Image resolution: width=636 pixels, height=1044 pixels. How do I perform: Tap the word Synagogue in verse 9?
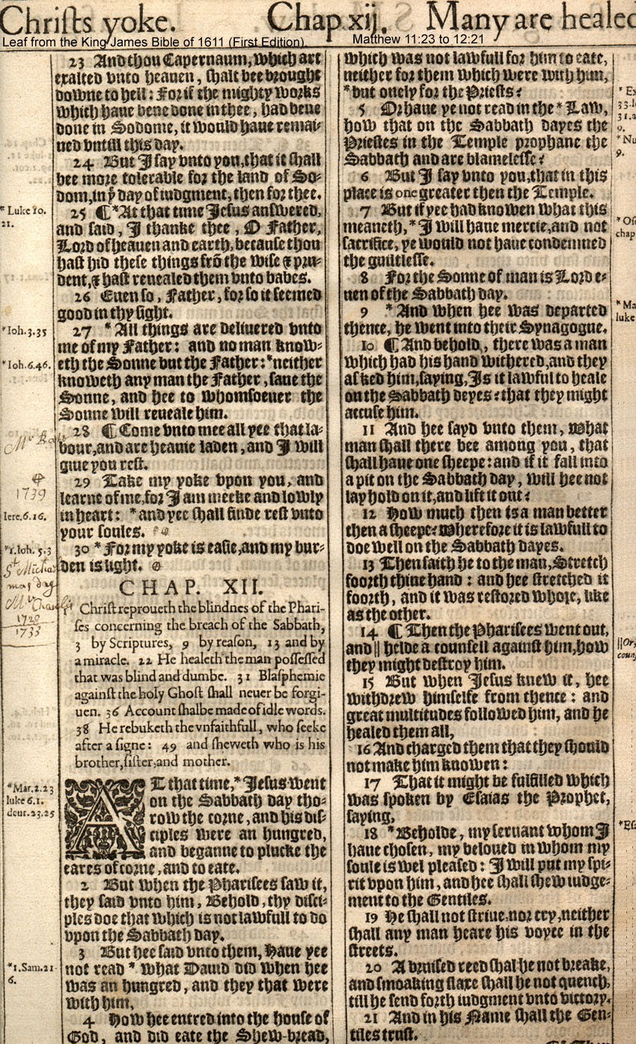click(564, 329)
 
